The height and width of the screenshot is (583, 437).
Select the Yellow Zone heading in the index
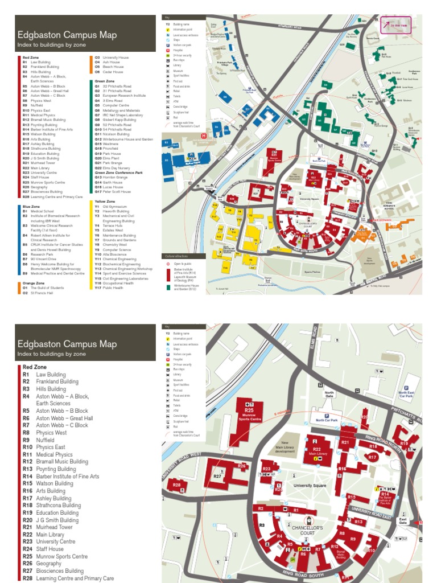tap(104, 201)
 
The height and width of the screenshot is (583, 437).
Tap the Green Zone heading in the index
tap(104, 81)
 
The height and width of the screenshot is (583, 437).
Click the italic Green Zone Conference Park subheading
tap(118, 173)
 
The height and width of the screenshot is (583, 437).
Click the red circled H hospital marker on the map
tap(204, 136)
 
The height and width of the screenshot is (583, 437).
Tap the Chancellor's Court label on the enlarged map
tap(308, 531)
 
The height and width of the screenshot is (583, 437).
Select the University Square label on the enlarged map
tap(310, 485)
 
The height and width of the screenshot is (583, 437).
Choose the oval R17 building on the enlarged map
tap(373, 457)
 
